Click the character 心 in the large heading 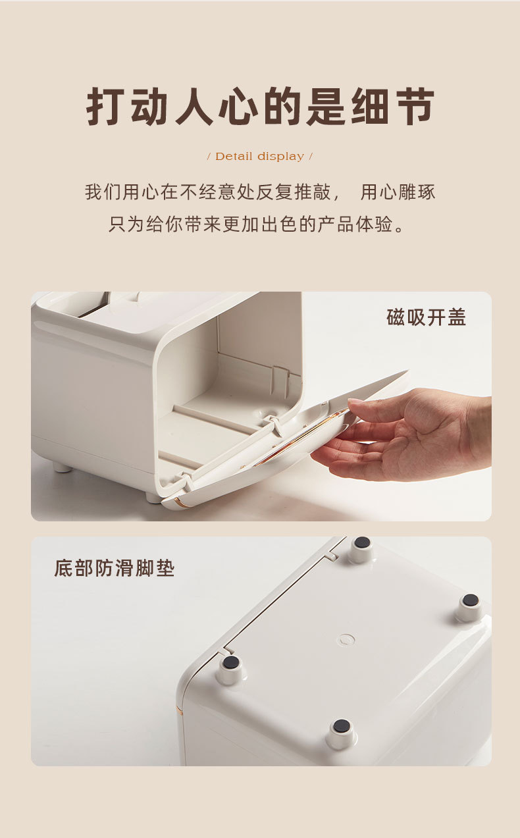(x=238, y=107)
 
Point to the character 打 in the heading (x=106, y=107)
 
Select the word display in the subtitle (x=281, y=157)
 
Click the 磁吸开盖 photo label (x=427, y=317)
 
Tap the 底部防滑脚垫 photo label (x=115, y=568)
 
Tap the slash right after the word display (x=311, y=157)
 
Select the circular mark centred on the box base (x=346, y=639)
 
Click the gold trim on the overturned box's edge (x=180, y=711)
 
